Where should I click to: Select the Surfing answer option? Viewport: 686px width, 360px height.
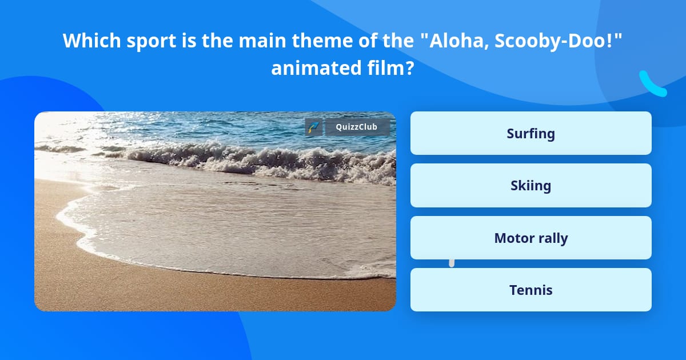click(531, 133)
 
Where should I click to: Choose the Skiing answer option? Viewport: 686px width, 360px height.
click(531, 186)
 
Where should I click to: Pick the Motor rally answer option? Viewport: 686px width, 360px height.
click(531, 238)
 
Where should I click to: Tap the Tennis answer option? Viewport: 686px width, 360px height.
click(531, 290)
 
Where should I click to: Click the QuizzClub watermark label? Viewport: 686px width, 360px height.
click(357, 127)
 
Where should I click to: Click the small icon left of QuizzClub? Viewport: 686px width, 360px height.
click(313, 127)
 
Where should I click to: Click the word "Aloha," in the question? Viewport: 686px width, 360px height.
click(449, 41)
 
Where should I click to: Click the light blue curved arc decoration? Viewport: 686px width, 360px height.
click(652, 85)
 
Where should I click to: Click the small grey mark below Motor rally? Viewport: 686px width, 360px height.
click(452, 263)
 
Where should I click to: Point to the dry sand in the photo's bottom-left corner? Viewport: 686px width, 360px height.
click(63, 286)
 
